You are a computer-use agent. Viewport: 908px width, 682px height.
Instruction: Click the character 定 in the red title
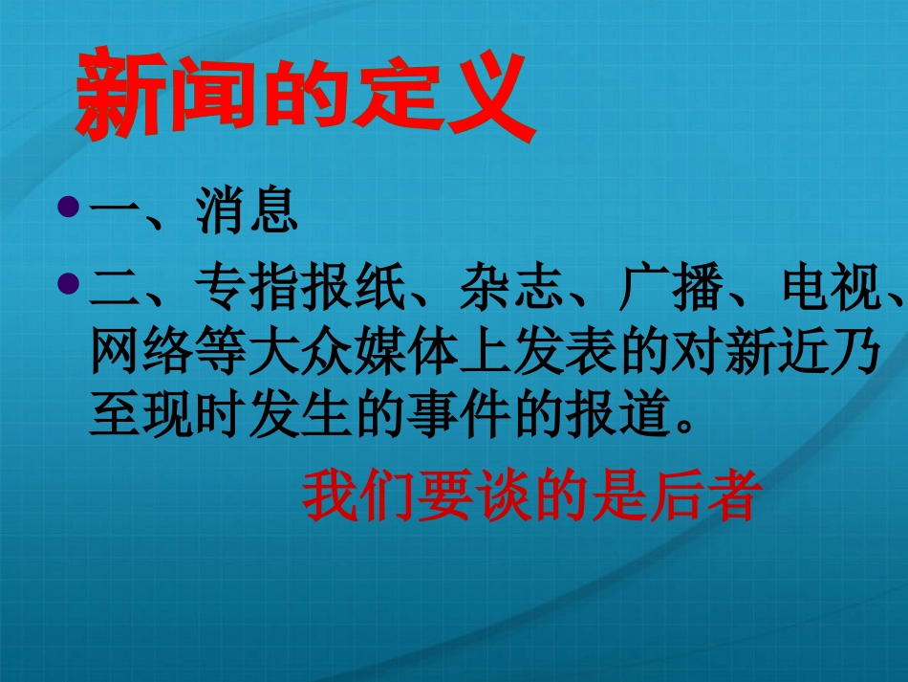(x=393, y=99)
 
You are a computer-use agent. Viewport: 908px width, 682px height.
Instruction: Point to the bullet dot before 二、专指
(x=68, y=282)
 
